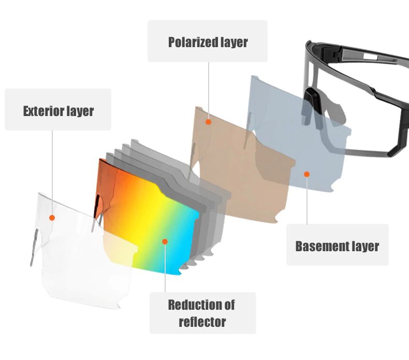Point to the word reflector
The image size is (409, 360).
point(202,322)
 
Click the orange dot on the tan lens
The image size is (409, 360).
point(208,122)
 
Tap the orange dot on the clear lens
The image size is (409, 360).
point(52,218)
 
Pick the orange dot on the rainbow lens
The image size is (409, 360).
point(165,241)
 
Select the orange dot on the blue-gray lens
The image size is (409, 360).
point(306,174)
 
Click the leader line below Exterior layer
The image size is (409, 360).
point(52,172)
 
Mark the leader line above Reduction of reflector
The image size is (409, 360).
point(165,268)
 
